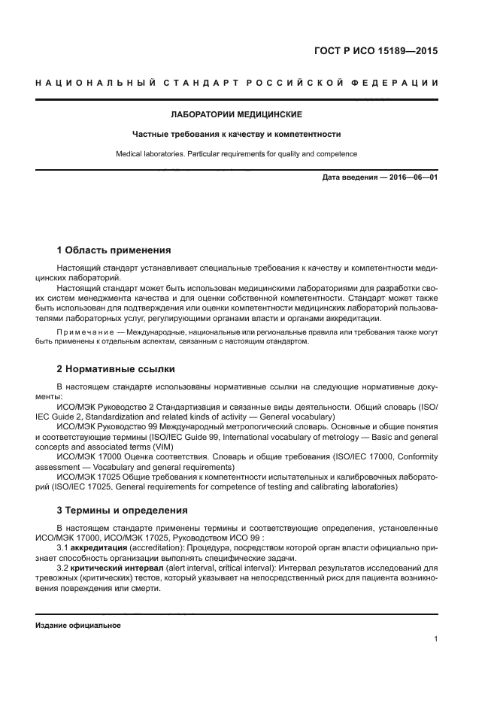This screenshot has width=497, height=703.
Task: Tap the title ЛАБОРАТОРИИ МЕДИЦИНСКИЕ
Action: pos(237,115)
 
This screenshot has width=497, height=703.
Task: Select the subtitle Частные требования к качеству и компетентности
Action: pos(237,135)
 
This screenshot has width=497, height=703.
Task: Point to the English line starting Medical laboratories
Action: pos(237,154)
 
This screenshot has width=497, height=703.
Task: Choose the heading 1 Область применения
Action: pos(114,250)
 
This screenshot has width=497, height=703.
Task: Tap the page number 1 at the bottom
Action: pos(436,639)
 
